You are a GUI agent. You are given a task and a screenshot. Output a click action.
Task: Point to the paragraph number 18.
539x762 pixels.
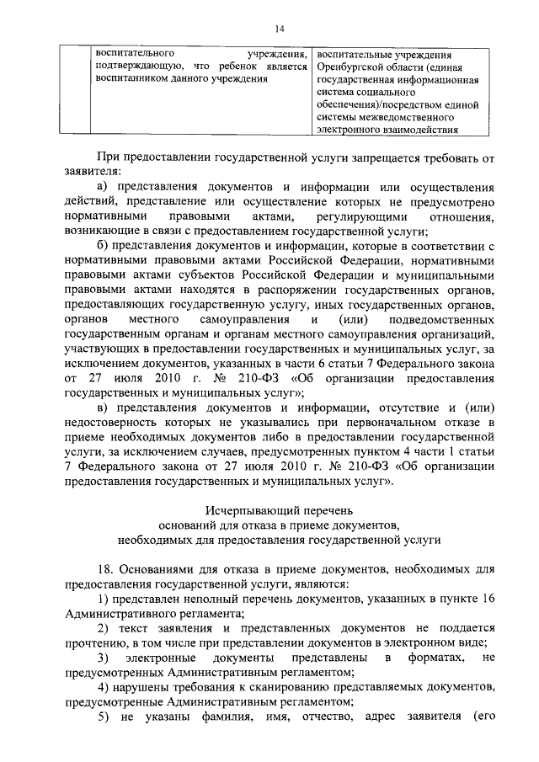[x=107, y=570]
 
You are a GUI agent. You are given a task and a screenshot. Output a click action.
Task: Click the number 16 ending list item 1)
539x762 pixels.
[x=484, y=600]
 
